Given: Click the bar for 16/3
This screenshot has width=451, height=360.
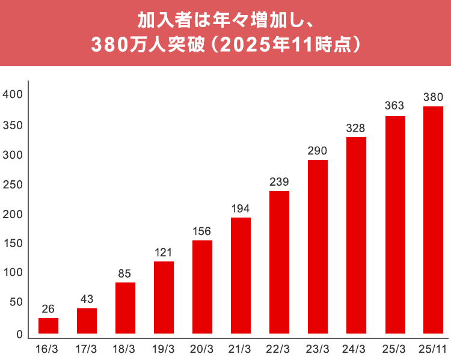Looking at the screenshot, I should point(48,325).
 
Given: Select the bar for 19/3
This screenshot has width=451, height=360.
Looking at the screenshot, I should point(164,297).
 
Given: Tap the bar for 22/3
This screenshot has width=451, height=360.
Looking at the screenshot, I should point(279,262).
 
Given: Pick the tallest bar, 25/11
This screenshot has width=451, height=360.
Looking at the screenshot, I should point(433,219).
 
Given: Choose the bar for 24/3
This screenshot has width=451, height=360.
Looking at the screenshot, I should point(356,235).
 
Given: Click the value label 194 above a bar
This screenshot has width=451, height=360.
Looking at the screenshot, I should point(241,209).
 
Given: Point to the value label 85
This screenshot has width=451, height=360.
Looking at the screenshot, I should point(125,273).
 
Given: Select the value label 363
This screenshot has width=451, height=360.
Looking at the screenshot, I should point(394,106).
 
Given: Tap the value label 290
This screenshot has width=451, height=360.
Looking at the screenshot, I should point(318,150).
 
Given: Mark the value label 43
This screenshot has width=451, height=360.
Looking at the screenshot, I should point(87,299).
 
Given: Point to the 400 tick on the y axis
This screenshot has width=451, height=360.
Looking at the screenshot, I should point(13,94).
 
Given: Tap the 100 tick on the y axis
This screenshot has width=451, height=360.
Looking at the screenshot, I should point(13,273).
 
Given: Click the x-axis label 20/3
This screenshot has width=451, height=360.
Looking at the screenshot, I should point(202,349).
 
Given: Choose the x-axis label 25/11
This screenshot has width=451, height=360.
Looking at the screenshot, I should point(433,349).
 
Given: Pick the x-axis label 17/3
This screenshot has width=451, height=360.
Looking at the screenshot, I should point(87,349).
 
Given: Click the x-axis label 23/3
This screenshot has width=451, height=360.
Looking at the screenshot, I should point(318,349).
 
